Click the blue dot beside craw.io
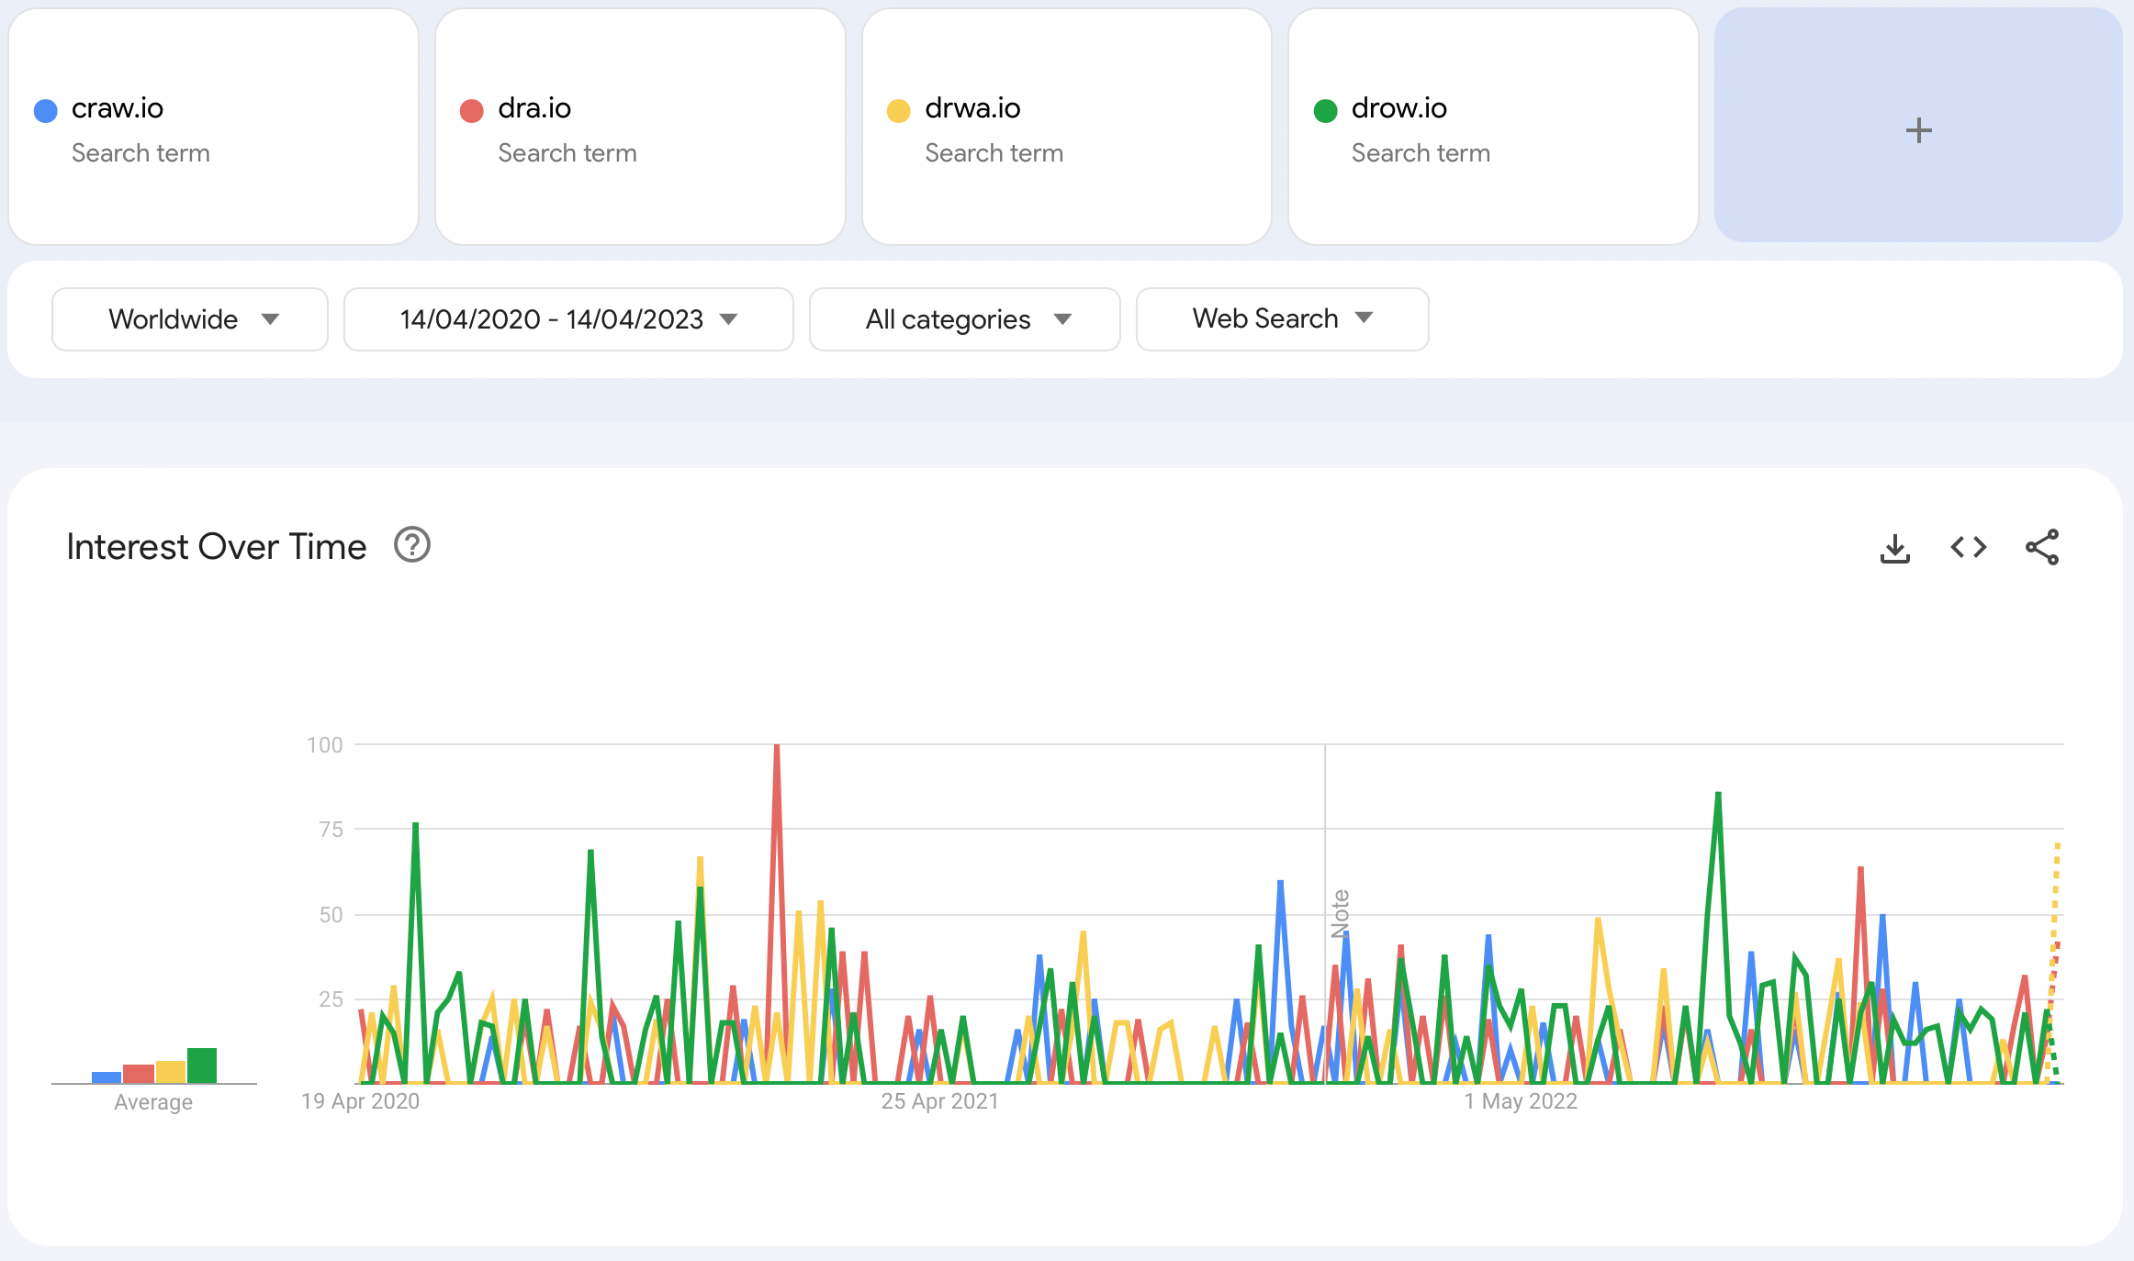tap(46, 111)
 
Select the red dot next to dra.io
tap(472, 111)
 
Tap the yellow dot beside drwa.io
tap(898, 111)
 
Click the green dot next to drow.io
tap(1325, 111)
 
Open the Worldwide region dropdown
tap(190, 319)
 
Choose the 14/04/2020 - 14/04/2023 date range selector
tap(568, 319)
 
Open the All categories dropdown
tap(964, 319)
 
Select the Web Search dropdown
tap(1282, 318)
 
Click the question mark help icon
tap(412, 545)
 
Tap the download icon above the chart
tap(1894, 548)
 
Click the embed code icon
tap(1968, 548)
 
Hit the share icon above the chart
tap(2042, 548)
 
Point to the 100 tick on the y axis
tap(325, 745)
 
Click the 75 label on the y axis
tap(331, 830)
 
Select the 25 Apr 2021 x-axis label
tap(939, 1101)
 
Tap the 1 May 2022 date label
tap(1521, 1101)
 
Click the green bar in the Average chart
tap(202, 1066)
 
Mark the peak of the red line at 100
tap(777, 747)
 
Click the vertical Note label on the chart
tap(1340, 913)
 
